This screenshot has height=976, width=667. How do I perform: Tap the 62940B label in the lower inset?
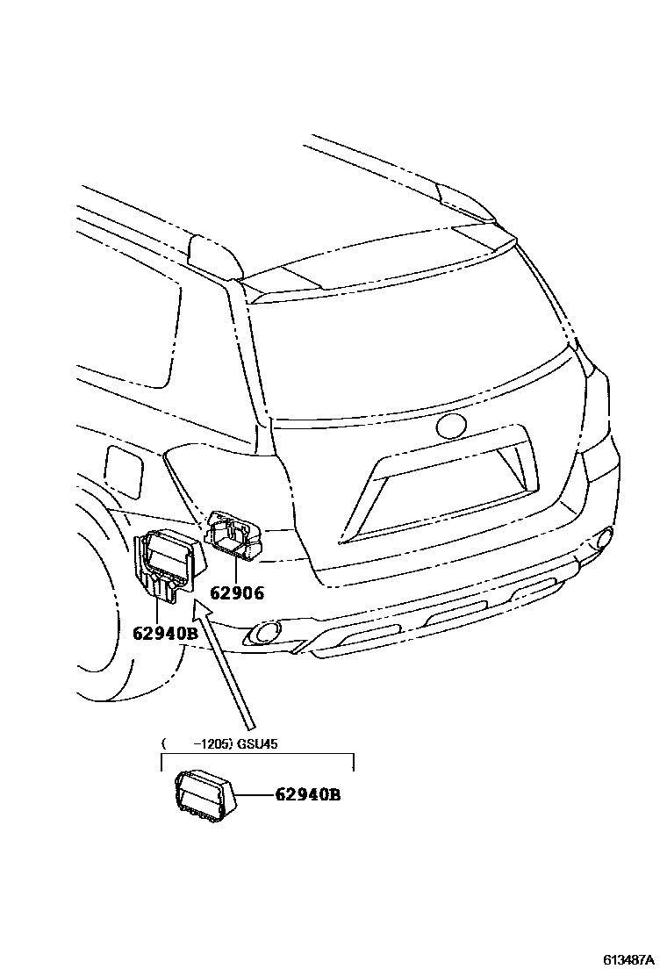307,796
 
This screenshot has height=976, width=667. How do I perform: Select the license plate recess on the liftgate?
439,492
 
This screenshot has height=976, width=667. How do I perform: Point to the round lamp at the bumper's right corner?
605,536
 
